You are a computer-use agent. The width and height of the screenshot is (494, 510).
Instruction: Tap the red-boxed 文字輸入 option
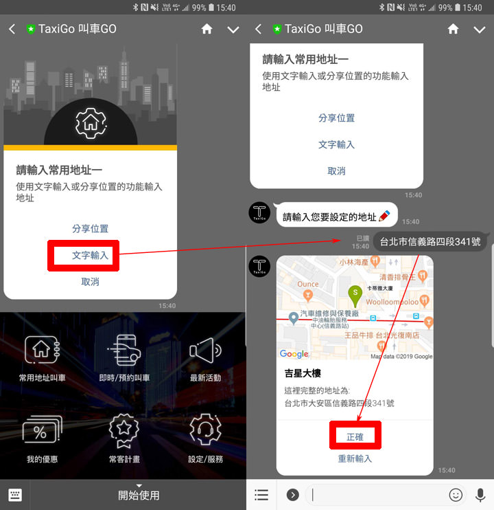(x=90, y=255)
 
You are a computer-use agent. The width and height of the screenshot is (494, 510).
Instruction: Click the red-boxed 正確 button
(x=355, y=436)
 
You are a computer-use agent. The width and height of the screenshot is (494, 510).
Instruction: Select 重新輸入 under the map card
(x=355, y=458)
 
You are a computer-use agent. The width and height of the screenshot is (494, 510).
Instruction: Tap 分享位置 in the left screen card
(x=90, y=229)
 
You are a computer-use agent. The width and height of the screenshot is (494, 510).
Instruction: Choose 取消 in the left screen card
(x=90, y=282)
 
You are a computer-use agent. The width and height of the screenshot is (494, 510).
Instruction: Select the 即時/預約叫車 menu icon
(x=124, y=351)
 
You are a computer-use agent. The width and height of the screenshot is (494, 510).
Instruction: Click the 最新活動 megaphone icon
(x=205, y=351)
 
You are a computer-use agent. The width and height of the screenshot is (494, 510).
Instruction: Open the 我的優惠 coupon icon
(x=42, y=432)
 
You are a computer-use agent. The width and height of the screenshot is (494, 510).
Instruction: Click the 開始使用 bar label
(x=139, y=495)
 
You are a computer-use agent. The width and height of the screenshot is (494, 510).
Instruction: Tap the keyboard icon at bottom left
(x=15, y=495)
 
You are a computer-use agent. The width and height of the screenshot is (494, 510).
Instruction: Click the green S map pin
(x=355, y=293)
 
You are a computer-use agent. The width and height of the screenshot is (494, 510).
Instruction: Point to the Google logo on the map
(x=294, y=354)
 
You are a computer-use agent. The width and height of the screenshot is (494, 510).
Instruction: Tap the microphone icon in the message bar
(x=480, y=494)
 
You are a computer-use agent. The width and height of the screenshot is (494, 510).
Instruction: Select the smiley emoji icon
(x=456, y=494)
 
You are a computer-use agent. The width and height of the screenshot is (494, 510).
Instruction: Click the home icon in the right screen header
(x=453, y=29)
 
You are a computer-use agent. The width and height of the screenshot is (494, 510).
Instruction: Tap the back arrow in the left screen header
(x=12, y=30)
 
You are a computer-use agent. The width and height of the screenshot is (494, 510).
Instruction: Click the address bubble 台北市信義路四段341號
(x=430, y=241)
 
